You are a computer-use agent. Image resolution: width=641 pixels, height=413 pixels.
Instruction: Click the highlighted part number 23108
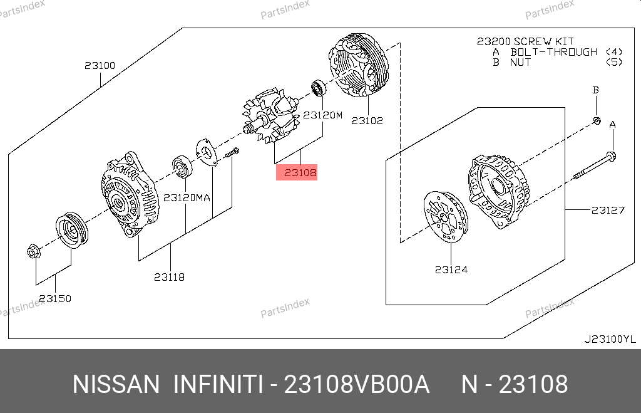[300, 173]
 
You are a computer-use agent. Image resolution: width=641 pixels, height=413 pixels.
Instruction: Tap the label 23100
[100, 65]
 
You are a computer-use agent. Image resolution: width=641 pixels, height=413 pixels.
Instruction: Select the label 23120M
[322, 115]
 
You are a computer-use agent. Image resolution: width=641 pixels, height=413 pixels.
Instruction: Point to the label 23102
[367, 121]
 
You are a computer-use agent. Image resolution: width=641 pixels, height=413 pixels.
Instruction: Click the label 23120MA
[187, 198]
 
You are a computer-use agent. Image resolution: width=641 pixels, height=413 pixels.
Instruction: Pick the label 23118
[169, 278]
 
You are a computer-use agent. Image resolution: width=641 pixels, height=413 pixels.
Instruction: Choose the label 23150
[55, 299]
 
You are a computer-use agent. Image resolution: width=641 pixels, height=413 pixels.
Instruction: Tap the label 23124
[451, 269]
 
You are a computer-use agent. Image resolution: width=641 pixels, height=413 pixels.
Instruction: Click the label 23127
[608, 211]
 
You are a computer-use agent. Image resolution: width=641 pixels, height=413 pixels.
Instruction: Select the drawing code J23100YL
[610, 339]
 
